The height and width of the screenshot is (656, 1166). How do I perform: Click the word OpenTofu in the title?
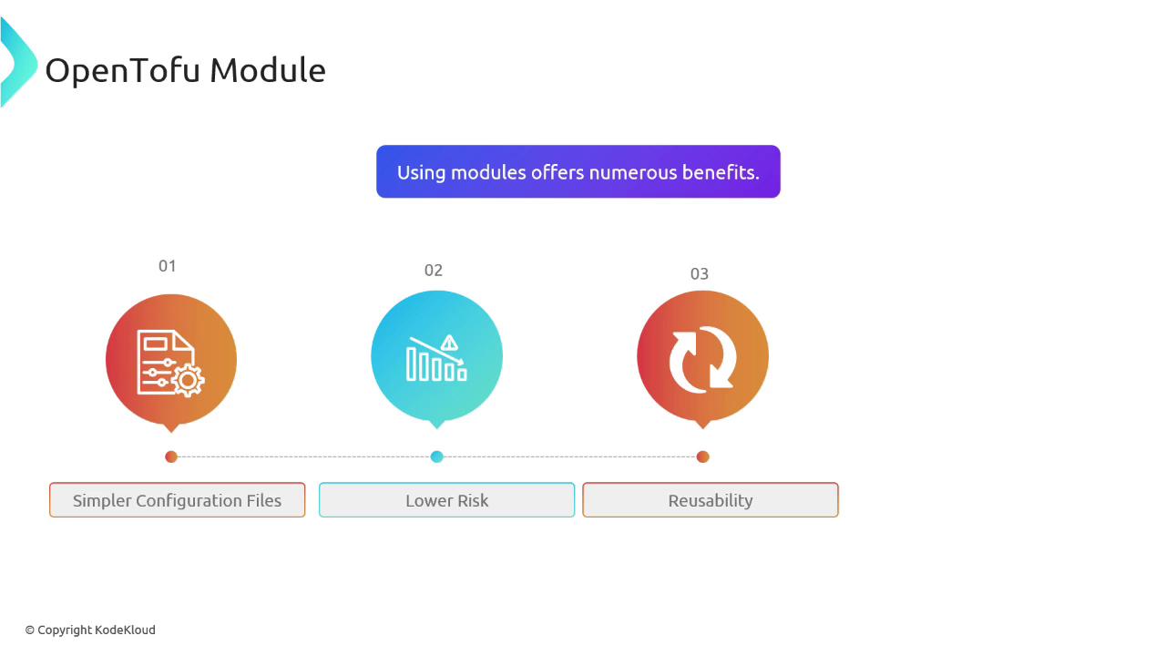123,71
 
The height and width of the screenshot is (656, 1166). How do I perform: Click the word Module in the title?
268,70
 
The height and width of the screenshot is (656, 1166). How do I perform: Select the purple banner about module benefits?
578,172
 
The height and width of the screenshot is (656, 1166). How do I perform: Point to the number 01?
167,266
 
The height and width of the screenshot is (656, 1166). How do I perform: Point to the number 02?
433,271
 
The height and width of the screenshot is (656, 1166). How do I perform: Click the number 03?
699,274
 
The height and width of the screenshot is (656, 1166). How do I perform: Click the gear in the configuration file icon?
188,381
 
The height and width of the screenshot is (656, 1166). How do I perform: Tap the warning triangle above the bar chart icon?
449,343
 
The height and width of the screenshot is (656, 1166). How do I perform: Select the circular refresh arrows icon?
702,360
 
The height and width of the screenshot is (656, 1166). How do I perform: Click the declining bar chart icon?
436,358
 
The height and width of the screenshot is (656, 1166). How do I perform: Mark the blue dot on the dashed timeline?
436,456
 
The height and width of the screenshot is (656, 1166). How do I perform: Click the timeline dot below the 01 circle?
171,456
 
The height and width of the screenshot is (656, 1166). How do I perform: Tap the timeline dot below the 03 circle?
702,456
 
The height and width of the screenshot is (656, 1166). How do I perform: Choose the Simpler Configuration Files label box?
177,500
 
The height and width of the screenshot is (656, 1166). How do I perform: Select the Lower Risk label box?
446,500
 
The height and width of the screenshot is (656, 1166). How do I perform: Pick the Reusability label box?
711,500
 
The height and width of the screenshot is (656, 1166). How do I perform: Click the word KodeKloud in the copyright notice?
126,630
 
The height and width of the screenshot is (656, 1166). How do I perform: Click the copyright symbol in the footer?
30,630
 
